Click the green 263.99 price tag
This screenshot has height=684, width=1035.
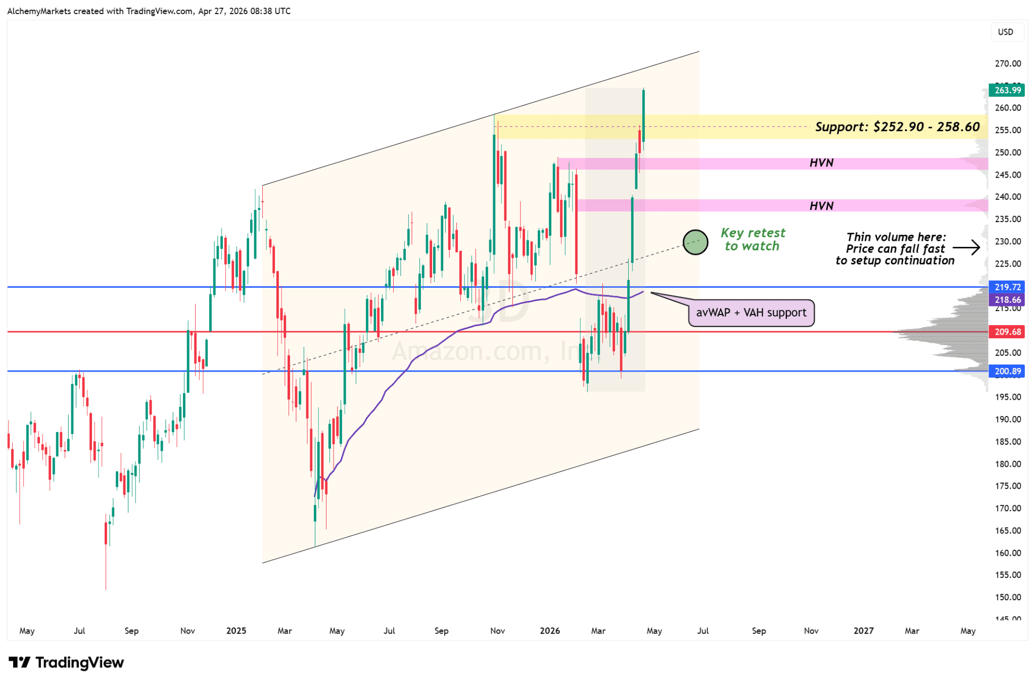point(1007,90)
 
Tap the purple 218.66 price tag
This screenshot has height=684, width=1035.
point(1007,300)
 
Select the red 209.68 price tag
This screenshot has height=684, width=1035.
point(1007,332)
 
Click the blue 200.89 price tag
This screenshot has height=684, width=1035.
point(1007,371)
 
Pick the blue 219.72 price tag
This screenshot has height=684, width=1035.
point(1007,287)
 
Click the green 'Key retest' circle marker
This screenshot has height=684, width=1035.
point(695,242)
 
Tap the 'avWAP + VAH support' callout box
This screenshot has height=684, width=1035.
point(751,313)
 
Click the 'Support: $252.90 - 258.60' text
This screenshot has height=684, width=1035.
point(897,127)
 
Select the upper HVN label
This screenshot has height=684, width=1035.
point(821,163)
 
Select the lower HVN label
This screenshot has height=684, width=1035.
point(821,206)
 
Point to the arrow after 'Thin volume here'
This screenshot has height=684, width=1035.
point(966,248)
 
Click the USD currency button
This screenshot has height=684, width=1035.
point(1005,32)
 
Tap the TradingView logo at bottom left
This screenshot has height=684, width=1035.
point(66,662)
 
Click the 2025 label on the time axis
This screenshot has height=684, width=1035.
point(236,631)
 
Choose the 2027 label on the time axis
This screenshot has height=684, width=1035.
point(863,631)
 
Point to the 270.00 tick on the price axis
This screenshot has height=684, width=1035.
point(1008,64)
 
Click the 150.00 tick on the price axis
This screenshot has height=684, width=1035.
point(1008,597)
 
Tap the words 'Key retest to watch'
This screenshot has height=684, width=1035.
point(752,240)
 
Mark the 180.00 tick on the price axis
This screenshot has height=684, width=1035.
point(1008,464)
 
